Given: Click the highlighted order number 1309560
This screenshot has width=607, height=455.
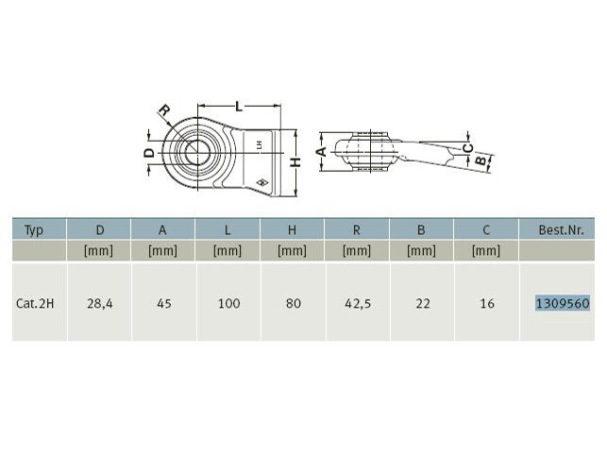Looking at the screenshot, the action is pos(563,303).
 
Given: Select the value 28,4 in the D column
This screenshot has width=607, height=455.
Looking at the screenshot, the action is pos(100,303).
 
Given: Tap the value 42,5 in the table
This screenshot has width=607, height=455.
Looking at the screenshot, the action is pos(358,303).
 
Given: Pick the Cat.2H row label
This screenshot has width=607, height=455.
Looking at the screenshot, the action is pos(35,303).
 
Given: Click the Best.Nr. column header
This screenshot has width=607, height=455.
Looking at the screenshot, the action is pos(561,230).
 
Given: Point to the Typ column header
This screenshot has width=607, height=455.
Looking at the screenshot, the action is pos(34,230).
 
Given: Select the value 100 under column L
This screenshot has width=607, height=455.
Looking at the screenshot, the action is pos(228,303).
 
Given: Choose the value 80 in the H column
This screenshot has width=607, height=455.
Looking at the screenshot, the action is pos(294,303).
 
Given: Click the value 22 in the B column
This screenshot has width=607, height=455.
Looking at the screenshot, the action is pos(423,303).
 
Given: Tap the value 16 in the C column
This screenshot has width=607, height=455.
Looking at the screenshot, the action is pos(487,303).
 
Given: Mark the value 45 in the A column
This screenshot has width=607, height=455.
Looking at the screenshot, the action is pos(164,303).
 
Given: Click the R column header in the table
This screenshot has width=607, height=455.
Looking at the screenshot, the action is pos(357,230).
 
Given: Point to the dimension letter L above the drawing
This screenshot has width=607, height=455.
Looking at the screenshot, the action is pos(239,106).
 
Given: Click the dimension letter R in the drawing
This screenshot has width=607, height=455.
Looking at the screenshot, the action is pos(164,110).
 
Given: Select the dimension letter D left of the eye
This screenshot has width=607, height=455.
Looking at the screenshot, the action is pos(149,153).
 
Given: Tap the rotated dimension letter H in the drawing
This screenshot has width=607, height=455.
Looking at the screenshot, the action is pos(295,162).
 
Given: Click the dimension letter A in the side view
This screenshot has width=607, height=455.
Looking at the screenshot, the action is pos(321,151).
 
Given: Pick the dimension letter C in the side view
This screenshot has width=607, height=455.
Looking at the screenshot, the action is pos(468,147).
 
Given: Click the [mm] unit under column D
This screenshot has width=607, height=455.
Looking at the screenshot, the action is pos(99,250).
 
